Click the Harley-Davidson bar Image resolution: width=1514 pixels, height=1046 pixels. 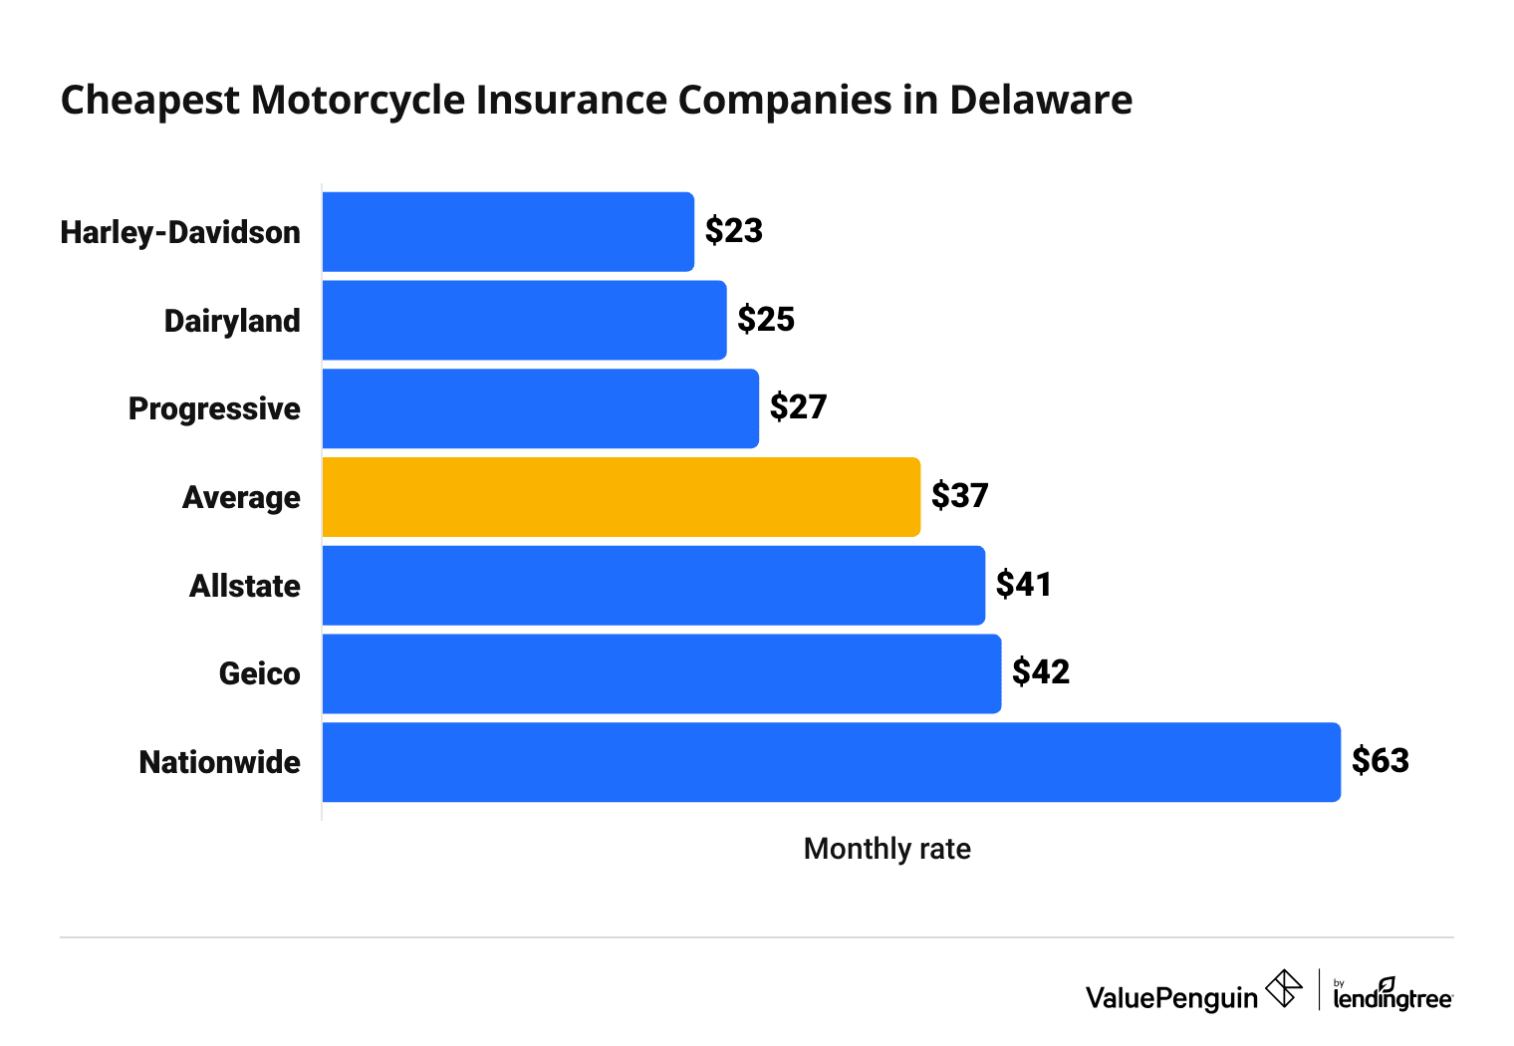(508, 232)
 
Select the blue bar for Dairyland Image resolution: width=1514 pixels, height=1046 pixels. (524, 320)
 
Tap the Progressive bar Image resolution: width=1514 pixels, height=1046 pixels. (540, 408)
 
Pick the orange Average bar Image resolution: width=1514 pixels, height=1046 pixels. (621, 497)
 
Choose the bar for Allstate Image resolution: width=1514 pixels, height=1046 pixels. (653, 586)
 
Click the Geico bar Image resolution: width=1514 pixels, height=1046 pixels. (661, 673)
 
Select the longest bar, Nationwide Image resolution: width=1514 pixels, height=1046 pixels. (831, 762)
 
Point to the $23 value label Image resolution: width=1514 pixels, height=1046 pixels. (734, 231)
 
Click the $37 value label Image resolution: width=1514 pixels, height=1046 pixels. (959, 496)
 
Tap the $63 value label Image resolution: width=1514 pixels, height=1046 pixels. (1381, 761)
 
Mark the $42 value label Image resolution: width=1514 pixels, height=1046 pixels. (1041, 672)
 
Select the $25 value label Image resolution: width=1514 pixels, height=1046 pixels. (766, 320)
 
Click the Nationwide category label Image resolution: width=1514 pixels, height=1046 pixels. (219, 762)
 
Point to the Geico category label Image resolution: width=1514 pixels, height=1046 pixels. (259, 674)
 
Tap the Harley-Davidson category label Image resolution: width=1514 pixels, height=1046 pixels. (180, 232)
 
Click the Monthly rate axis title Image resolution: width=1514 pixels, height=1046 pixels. (886, 849)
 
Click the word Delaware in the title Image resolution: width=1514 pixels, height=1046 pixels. (1040, 101)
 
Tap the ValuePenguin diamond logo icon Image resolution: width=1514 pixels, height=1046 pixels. (1283, 989)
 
